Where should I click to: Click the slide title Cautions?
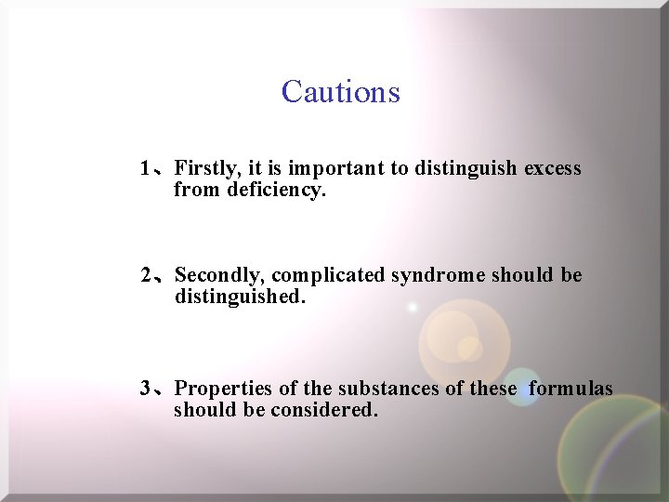point(340,92)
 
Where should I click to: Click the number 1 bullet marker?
point(145,169)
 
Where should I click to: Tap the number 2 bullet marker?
point(147,276)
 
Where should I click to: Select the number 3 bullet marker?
point(146,389)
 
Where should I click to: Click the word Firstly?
point(207,169)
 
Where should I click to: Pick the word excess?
point(553,169)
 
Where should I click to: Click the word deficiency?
point(277,191)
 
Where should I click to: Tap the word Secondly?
point(219,276)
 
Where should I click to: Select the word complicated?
point(329,276)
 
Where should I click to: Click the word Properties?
point(222,389)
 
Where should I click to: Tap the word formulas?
point(571,389)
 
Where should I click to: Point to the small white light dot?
point(413,307)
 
